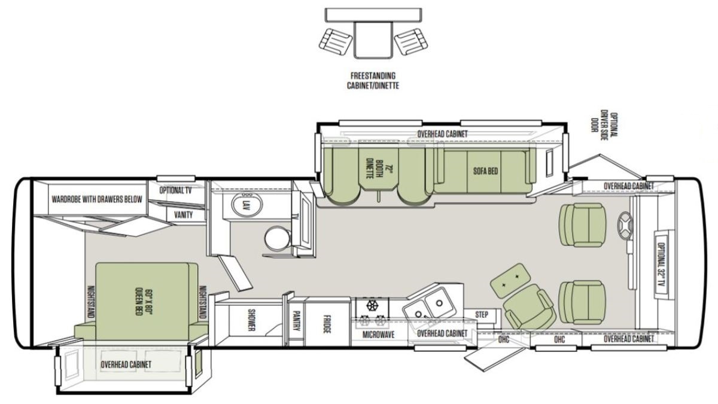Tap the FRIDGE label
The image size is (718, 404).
pos(327,324)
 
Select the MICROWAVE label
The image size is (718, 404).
pos(378,335)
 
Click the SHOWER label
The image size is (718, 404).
pos(251,320)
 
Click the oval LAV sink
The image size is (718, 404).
pos(247,205)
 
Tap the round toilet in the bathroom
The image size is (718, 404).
pos(278,238)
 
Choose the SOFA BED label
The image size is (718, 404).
pos(486,171)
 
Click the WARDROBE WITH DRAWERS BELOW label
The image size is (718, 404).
pos(97,199)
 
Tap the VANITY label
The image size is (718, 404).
pos(183,214)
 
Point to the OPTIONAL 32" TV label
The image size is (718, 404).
pos(661,264)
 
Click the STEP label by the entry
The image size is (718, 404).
pos(482,315)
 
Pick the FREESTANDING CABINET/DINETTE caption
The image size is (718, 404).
pos(373,80)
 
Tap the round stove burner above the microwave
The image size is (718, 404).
pos(372,305)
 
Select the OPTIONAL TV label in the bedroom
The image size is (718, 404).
pos(176,190)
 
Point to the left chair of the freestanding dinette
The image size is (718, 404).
pos(336,42)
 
